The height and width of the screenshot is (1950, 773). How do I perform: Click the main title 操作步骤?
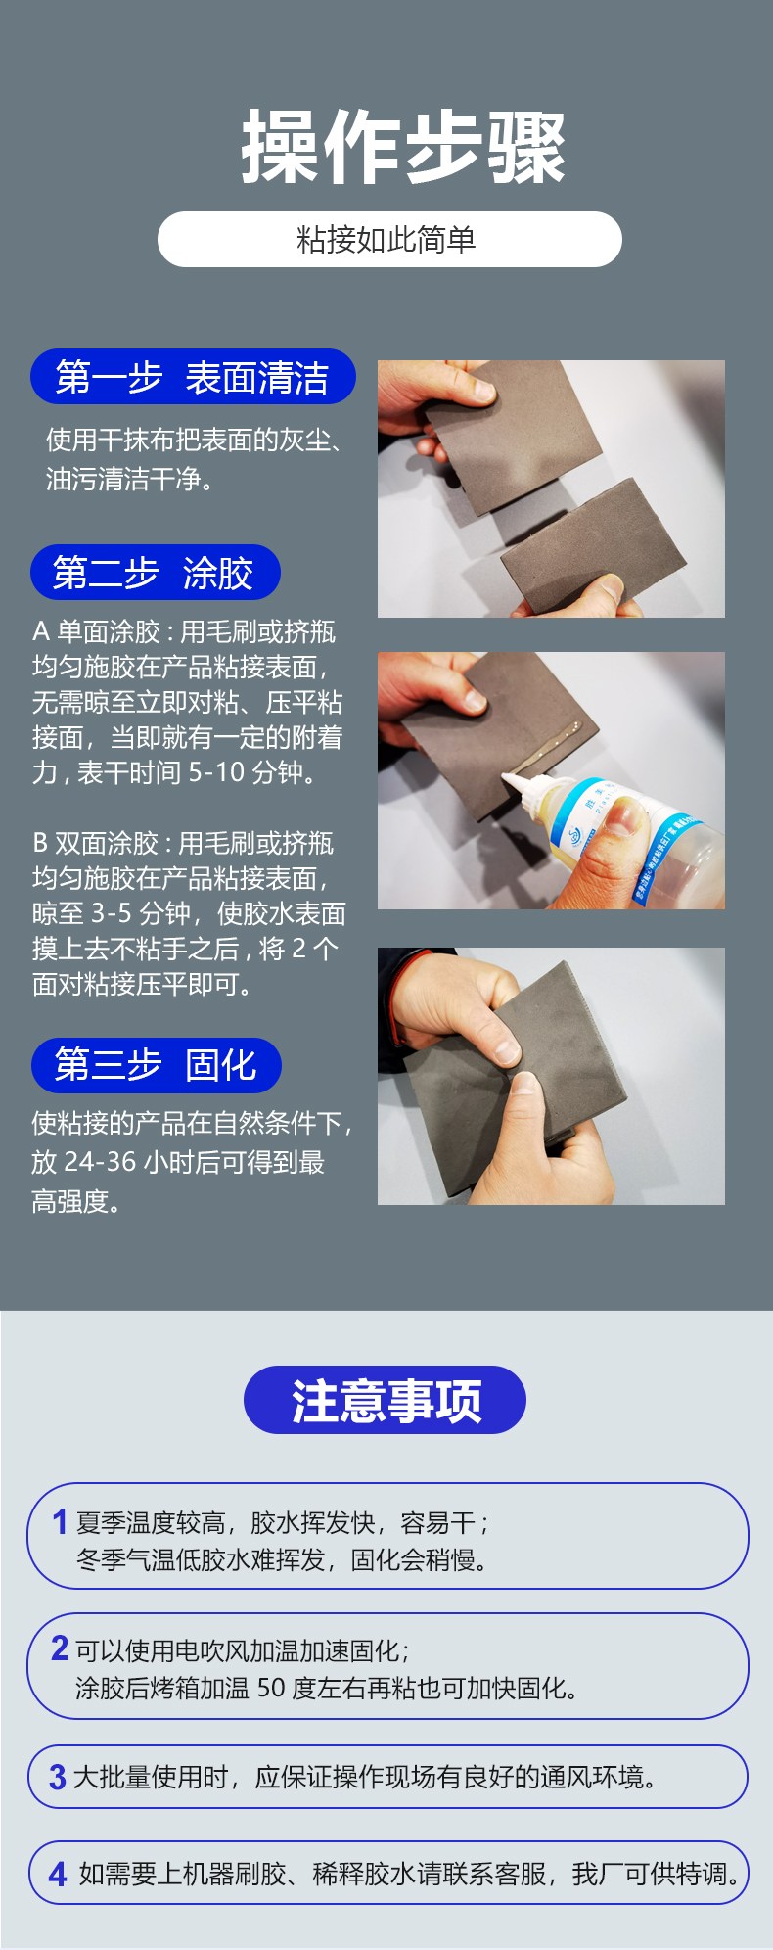click(x=403, y=148)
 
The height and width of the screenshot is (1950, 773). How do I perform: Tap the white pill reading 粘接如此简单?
click(x=389, y=240)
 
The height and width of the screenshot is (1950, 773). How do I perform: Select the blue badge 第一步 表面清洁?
click(x=193, y=378)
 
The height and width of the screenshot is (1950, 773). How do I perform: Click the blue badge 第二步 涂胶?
click(x=156, y=573)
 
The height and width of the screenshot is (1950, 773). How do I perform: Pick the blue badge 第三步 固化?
click(x=156, y=1065)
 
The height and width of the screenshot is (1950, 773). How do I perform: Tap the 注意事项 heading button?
click(x=385, y=1400)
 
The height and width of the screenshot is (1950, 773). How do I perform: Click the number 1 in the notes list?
click(x=60, y=1522)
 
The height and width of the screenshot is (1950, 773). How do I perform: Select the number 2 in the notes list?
click(x=60, y=1648)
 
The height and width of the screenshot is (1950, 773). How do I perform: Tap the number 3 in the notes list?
click(x=58, y=1777)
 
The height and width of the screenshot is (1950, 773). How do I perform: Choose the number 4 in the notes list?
click(x=58, y=1874)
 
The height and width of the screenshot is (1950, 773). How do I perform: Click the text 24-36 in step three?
click(x=100, y=1162)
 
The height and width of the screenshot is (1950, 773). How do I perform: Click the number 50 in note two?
click(x=271, y=1688)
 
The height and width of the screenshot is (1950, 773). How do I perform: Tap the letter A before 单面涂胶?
click(x=40, y=631)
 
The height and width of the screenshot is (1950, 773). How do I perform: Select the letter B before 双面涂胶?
click(x=40, y=843)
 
